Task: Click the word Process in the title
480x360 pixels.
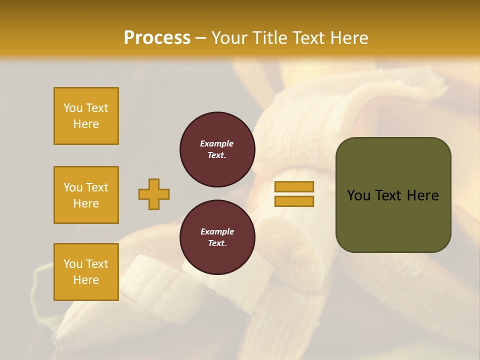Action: pyautogui.click(x=157, y=37)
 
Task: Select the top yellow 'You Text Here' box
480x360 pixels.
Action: pyautogui.click(x=86, y=116)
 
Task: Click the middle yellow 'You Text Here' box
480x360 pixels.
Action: pyautogui.click(x=86, y=195)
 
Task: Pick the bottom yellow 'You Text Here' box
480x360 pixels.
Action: pyautogui.click(x=86, y=272)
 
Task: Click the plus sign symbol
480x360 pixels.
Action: pyautogui.click(x=154, y=194)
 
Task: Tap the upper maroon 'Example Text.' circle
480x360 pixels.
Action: pyautogui.click(x=217, y=149)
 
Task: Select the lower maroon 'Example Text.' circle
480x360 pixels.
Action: pyautogui.click(x=217, y=237)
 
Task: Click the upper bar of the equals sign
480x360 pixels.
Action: pyautogui.click(x=294, y=186)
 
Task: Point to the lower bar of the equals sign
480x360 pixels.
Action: pyautogui.click(x=294, y=201)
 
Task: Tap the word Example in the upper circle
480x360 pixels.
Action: pyautogui.click(x=217, y=143)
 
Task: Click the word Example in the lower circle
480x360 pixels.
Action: pyautogui.click(x=217, y=231)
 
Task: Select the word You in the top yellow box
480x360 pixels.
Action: pyautogui.click(x=72, y=108)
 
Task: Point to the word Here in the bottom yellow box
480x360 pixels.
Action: pyautogui.click(x=86, y=280)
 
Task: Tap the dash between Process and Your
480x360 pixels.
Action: pyautogui.click(x=200, y=38)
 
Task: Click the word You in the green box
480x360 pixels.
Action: pyautogui.click(x=358, y=195)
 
